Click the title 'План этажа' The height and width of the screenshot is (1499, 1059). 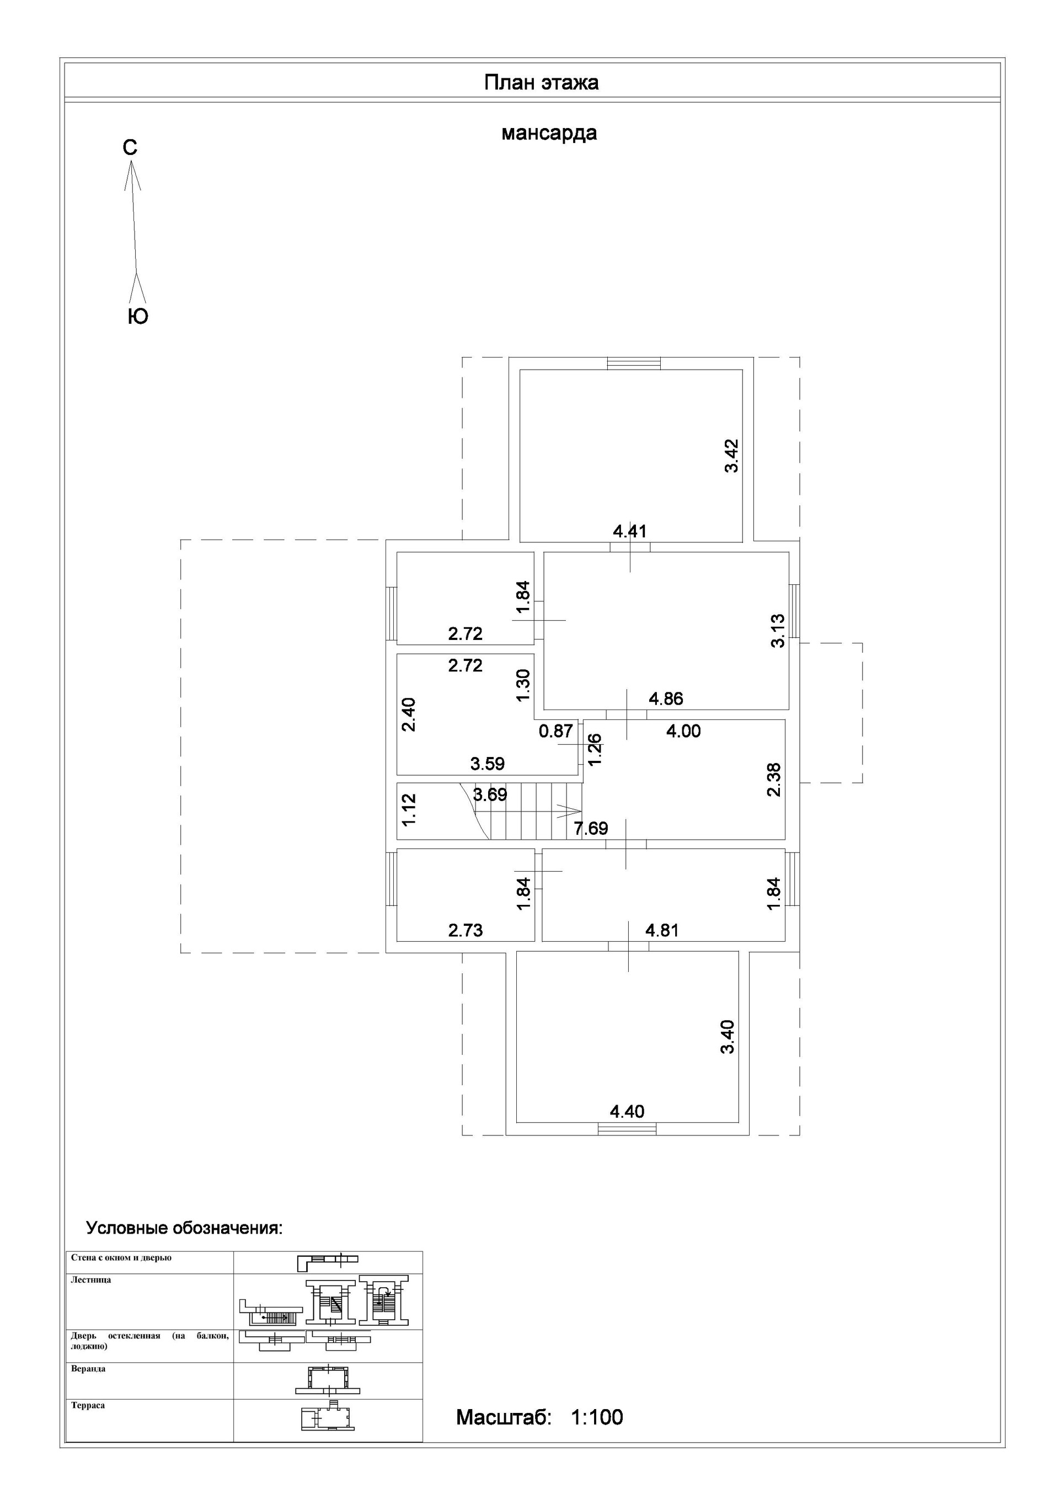click(x=541, y=83)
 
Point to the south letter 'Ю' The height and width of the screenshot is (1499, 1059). click(x=138, y=317)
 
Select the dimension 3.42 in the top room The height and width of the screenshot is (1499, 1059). click(x=731, y=456)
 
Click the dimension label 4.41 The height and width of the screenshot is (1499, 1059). click(x=629, y=531)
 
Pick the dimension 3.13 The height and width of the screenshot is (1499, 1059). click(x=777, y=631)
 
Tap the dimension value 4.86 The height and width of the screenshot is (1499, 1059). click(x=666, y=698)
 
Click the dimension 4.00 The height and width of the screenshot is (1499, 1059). click(x=683, y=731)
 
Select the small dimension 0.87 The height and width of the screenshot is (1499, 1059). click(x=555, y=731)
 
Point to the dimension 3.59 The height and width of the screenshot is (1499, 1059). click(x=488, y=763)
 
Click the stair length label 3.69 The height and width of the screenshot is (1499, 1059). click(x=490, y=794)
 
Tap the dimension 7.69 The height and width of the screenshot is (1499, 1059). click(x=591, y=829)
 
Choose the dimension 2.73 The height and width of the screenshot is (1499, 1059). click(x=466, y=930)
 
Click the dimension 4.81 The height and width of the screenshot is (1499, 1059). click(x=662, y=930)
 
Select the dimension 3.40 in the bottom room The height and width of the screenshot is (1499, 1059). click(x=728, y=1037)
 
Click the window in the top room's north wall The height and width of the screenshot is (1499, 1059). click(x=633, y=364)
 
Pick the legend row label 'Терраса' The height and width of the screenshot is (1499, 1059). click(x=88, y=1406)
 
